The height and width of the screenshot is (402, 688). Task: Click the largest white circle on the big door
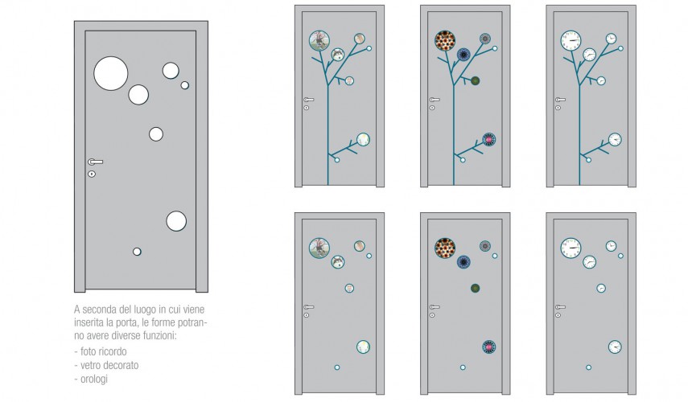click(x=110, y=73)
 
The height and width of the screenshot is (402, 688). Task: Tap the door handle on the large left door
click(x=95, y=162)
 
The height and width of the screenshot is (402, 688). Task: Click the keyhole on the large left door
click(x=92, y=174)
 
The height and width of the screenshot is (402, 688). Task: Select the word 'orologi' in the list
click(x=94, y=379)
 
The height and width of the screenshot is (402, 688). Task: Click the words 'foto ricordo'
click(x=104, y=351)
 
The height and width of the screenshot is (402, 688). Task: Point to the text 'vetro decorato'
click(x=109, y=365)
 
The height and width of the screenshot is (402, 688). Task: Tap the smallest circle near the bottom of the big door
click(x=137, y=252)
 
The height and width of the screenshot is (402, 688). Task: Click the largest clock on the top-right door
click(x=571, y=41)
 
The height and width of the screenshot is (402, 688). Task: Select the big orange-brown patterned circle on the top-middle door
click(x=445, y=41)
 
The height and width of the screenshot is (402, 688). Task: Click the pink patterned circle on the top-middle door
click(x=488, y=139)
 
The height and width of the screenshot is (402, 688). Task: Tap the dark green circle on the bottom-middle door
click(x=475, y=288)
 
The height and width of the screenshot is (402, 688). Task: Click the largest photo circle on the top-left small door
click(x=319, y=41)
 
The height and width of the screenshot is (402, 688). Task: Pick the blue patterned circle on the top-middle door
click(x=463, y=55)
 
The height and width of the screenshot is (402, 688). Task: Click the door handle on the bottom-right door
click(x=560, y=307)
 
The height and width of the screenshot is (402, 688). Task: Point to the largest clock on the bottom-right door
click(x=571, y=248)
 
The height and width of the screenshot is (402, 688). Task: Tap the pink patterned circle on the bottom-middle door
click(x=488, y=347)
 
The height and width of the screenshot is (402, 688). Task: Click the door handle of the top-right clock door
click(x=560, y=100)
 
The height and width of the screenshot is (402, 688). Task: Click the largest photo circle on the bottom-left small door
click(x=319, y=248)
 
